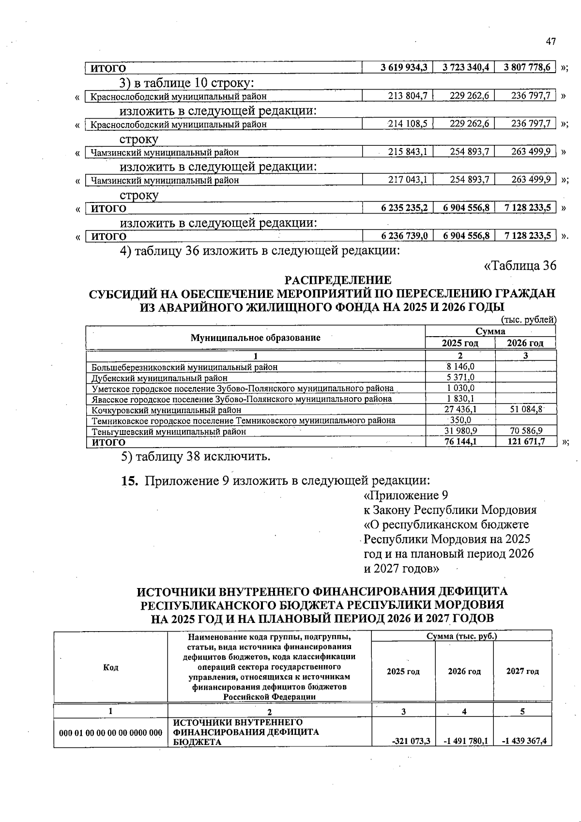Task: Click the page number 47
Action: click(x=551, y=42)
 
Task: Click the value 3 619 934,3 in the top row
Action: click(x=404, y=68)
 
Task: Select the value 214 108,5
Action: click(x=408, y=124)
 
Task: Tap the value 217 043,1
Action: click(x=408, y=180)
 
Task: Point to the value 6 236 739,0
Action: click(x=404, y=236)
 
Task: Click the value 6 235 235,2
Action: click(x=404, y=208)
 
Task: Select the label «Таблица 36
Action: click(x=520, y=265)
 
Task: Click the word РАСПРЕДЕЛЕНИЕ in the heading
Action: click(x=337, y=280)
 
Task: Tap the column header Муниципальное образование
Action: click(x=255, y=338)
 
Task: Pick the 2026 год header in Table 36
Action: click(x=525, y=343)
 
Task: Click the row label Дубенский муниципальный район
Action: click(x=159, y=378)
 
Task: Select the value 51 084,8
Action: click(x=526, y=410)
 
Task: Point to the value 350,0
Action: click(x=460, y=420)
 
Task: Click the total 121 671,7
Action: click(x=526, y=442)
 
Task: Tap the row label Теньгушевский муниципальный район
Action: click(x=169, y=431)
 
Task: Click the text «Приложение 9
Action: click(x=405, y=496)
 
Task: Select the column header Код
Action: click(x=110, y=667)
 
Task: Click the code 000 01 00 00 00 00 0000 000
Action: click(x=110, y=733)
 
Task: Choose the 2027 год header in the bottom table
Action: click(x=522, y=671)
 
